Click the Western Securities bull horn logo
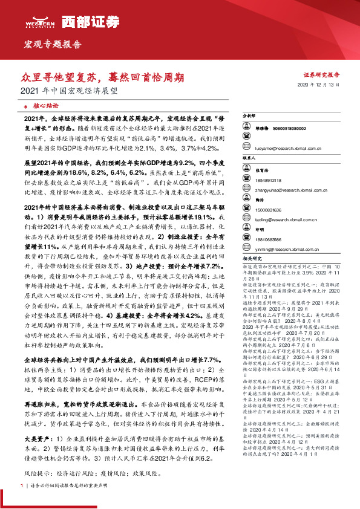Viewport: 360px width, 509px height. [39, 21]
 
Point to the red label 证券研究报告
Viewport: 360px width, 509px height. [321, 76]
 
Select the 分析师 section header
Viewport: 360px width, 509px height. [249, 114]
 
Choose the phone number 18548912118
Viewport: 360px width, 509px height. [267, 180]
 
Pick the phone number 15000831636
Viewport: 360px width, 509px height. [267, 209]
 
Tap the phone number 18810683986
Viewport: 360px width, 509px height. [267, 238]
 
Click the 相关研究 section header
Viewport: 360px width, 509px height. [251, 258]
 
